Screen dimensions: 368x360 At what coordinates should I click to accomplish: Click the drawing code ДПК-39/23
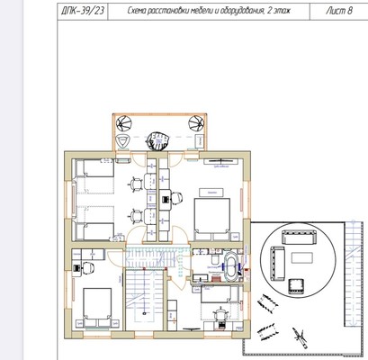[x=83, y=11]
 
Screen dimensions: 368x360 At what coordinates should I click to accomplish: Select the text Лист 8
[x=338, y=11]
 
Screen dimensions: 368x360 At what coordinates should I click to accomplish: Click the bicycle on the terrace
[x=300, y=337]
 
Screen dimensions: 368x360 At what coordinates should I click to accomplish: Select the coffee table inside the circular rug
[x=302, y=257]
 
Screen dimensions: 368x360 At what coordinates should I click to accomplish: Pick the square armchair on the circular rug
[x=296, y=286]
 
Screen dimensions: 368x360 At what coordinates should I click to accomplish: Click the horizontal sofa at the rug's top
[x=299, y=237]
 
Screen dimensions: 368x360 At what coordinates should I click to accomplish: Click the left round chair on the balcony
[x=124, y=123]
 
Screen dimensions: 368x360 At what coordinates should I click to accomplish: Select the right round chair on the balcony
[x=196, y=123]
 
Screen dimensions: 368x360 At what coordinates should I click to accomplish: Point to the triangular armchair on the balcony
[x=122, y=140]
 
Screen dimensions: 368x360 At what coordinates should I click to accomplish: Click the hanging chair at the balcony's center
[x=157, y=140]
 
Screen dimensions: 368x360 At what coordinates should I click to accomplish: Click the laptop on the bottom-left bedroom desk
[x=76, y=268]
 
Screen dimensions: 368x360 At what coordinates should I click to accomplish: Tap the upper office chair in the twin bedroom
[x=136, y=184]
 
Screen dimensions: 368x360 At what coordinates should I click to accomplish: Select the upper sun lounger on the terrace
[x=267, y=303]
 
